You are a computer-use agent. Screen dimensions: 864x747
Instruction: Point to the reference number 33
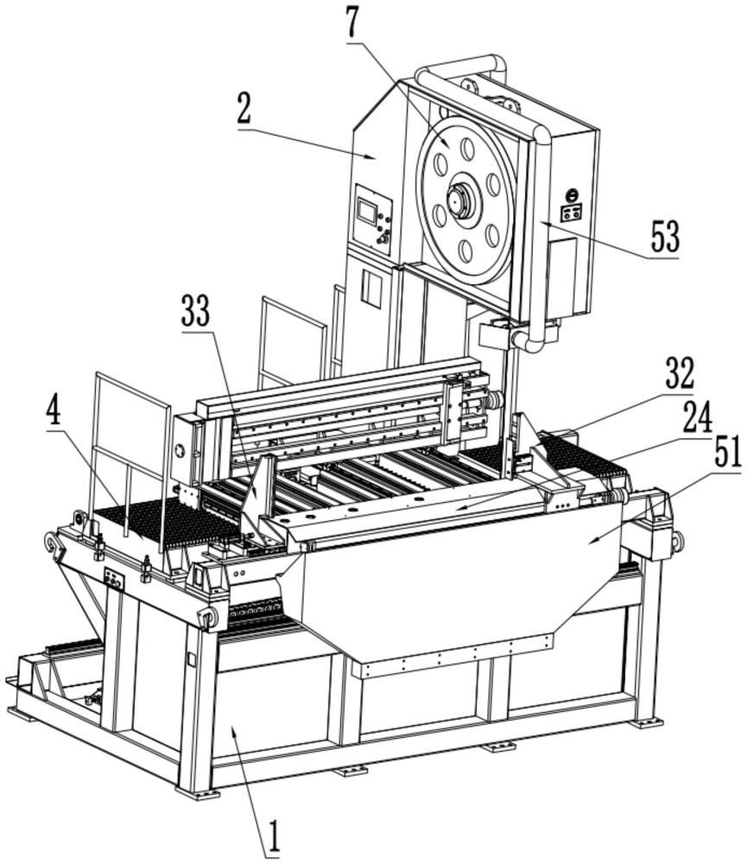pyautogui.click(x=197, y=313)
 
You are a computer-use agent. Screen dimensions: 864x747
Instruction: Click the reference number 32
pyautogui.click(x=679, y=374)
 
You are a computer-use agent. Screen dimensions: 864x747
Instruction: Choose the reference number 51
pyautogui.click(x=727, y=454)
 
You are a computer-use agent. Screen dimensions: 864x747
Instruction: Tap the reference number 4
pyautogui.click(x=54, y=411)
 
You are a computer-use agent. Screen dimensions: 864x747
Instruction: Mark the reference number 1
pyautogui.click(x=274, y=836)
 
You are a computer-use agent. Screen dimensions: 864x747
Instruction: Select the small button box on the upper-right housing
pyautogui.click(x=571, y=212)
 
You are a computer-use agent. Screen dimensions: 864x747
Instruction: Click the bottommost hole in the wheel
pyautogui.click(x=467, y=251)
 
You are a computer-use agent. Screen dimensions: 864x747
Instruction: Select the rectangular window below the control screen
pyautogui.click(x=370, y=288)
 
